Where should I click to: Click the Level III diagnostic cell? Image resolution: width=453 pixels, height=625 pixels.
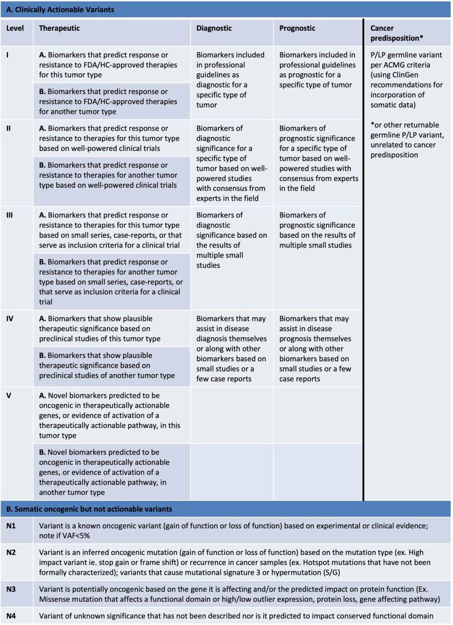click(229, 236)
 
